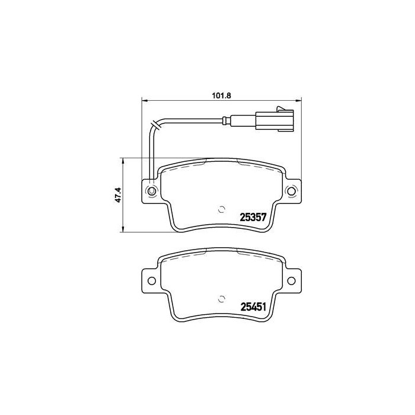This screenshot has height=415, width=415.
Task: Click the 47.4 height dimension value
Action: point(118,195)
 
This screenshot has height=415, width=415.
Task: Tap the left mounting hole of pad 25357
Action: point(151,191)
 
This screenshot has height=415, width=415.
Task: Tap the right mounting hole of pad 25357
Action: point(290,191)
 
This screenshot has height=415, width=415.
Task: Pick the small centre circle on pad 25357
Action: point(221,208)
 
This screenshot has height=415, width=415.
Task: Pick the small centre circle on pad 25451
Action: point(221,298)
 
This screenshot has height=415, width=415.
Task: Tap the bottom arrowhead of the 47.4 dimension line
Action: point(123,230)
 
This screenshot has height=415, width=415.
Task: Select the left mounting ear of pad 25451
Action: point(150,280)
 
